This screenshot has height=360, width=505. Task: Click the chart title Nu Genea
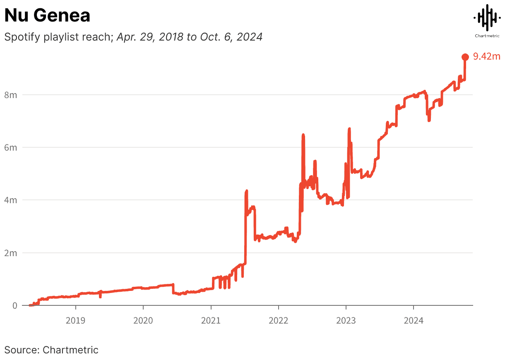click(x=47, y=16)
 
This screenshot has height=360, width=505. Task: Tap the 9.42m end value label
click(x=487, y=57)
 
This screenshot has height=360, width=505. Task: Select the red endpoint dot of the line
click(x=465, y=57)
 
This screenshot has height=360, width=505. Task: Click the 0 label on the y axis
click(x=14, y=305)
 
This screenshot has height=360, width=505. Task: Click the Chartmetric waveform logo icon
click(x=486, y=17)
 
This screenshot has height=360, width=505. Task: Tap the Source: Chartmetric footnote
click(x=51, y=350)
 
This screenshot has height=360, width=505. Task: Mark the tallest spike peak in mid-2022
click(x=303, y=134)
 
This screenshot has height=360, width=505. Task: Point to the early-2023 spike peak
click(x=349, y=129)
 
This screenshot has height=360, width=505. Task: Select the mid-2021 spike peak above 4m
click(x=247, y=191)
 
